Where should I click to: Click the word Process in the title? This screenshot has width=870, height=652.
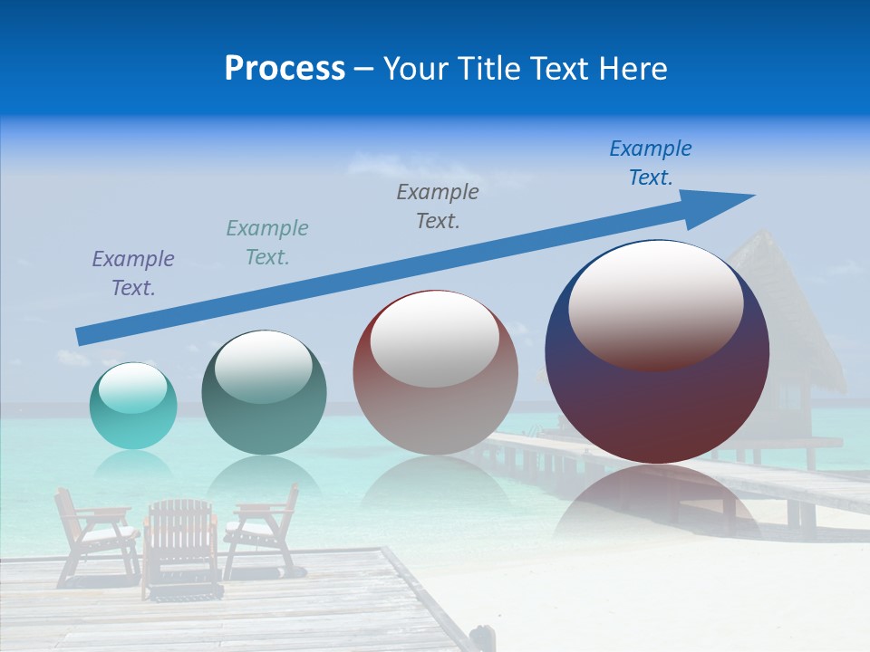[x=285, y=69]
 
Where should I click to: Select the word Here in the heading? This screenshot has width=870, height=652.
[x=633, y=69]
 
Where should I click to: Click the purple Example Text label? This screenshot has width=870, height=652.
[x=133, y=273]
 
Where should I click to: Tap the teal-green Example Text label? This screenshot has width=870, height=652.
[x=267, y=243]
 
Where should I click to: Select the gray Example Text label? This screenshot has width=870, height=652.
[x=438, y=206]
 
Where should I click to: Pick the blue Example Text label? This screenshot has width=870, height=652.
[x=651, y=163]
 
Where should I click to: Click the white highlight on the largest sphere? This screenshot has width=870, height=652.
[x=656, y=304]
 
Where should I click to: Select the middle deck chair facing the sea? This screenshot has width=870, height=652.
[x=181, y=548]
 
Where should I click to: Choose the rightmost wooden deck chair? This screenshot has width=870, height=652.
[x=263, y=530]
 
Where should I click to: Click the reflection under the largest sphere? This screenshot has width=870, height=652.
[x=657, y=507]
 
